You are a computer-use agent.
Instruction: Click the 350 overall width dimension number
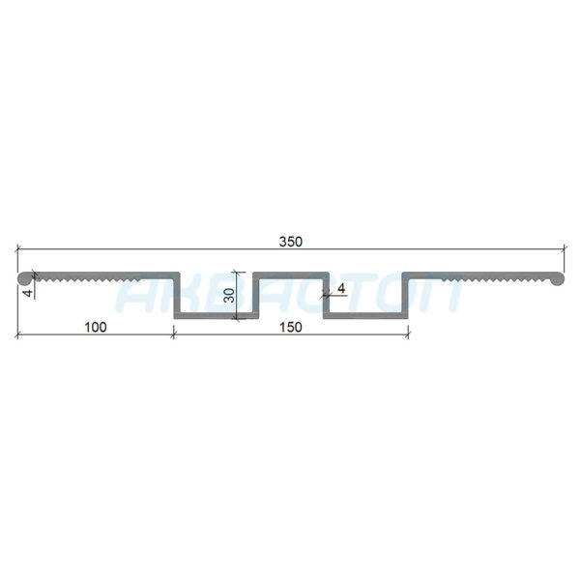tap(291, 242)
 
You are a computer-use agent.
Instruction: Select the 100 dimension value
tap(96, 327)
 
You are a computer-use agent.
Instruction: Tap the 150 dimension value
tap(291, 327)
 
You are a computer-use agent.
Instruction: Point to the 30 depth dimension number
tap(229, 295)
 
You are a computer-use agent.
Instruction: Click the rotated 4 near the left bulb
tap(28, 294)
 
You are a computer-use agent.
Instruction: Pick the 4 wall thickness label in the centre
tap(341, 288)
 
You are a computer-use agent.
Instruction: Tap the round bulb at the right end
tap(557, 278)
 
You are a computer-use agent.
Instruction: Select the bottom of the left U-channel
tap(217, 315)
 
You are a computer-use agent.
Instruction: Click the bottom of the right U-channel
tap(365, 315)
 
